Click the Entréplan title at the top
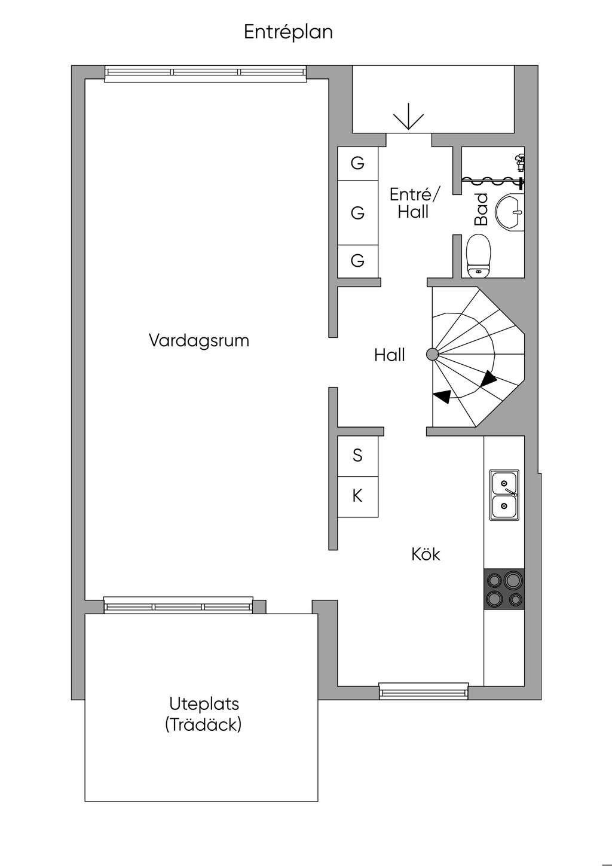coord(288,32)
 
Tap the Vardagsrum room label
coord(199,341)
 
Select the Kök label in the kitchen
coord(426,554)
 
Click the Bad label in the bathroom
coord(481,209)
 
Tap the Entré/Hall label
coord(414,203)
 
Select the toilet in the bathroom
coord(478,255)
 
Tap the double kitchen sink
coord(504,495)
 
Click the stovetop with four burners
coord(504,589)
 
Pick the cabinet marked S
coord(358,456)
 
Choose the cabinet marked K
coord(358,496)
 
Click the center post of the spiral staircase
coord(432,354)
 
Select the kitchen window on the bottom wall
coord(424,691)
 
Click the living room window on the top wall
coord(206,74)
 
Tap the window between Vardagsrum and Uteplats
coord(179,605)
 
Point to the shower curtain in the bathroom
coord(491,180)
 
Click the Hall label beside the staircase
coord(390,355)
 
